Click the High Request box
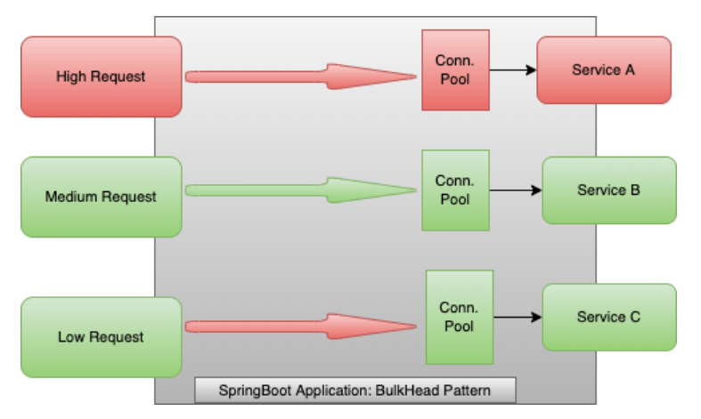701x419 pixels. pyautogui.click(x=101, y=77)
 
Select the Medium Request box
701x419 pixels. pyautogui.click(x=101, y=197)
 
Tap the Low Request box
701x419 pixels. pyautogui.click(x=101, y=337)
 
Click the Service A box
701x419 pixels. pyautogui.click(x=604, y=69)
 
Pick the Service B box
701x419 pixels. pyautogui.click(x=608, y=190)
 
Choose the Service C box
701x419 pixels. pyautogui.click(x=608, y=317)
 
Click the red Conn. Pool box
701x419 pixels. pyautogui.click(x=455, y=69)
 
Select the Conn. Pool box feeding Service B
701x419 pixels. pyautogui.click(x=455, y=189)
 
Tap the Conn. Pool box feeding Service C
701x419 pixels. pyautogui.click(x=459, y=317)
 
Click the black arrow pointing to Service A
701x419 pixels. pyautogui.click(x=512, y=70)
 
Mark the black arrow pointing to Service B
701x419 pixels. pyautogui.click(x=515, y=190)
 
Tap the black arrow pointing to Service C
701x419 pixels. pyautogui.click(x=517, y=317)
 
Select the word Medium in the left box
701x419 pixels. pyautogui.click(x=72, y=197)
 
